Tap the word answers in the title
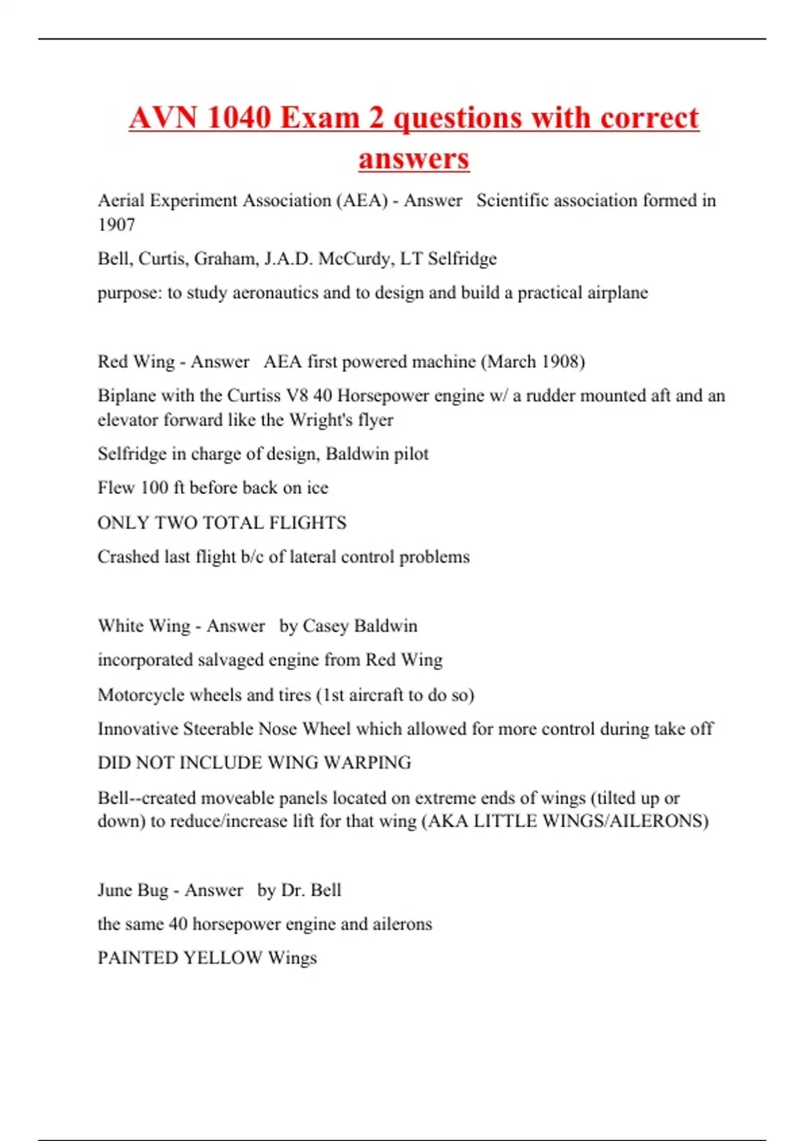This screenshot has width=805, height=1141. [414, 159]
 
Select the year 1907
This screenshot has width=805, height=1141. [117, 225]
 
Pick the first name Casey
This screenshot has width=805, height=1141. [325, 626]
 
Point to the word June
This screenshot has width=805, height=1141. [114, 890]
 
